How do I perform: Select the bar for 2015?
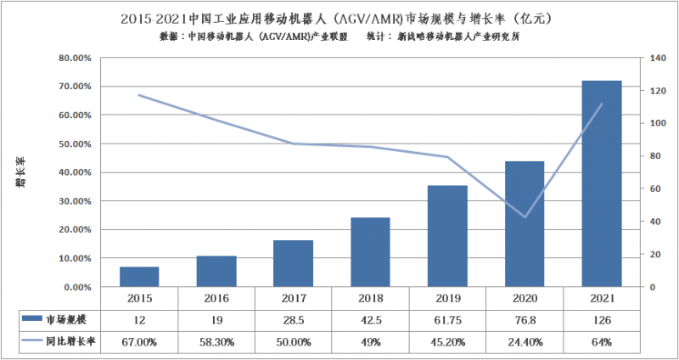139,277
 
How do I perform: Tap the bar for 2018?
370,252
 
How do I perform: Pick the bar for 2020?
524,223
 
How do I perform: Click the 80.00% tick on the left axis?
74,58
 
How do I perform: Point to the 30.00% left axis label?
74,201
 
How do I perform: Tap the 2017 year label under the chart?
294,299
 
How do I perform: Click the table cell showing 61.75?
447,319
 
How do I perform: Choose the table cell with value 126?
601,319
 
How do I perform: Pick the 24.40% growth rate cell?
524,343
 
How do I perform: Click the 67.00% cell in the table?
139,343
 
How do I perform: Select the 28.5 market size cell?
294,319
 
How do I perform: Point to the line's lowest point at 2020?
524,217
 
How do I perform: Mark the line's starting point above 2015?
139,95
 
